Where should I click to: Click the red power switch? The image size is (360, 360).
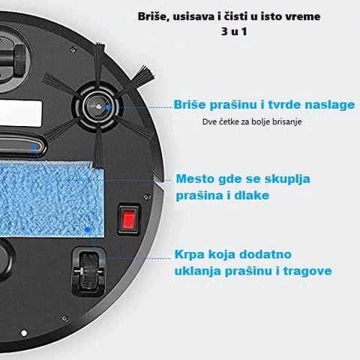[129, 220]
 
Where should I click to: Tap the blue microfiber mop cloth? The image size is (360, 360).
[51, 199]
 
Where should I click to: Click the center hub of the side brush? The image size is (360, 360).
[98, 106]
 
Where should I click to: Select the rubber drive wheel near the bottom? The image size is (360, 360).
[88, 271]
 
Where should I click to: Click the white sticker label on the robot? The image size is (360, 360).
[20, 114]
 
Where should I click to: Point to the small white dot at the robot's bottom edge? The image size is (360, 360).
[24, 333]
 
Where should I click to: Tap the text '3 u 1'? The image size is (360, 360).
[234, 31]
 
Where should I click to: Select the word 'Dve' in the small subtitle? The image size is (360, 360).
[209, 121]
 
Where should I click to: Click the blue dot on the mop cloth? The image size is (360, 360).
[87, 229]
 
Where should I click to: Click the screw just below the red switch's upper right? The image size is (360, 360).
[147, 197]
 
